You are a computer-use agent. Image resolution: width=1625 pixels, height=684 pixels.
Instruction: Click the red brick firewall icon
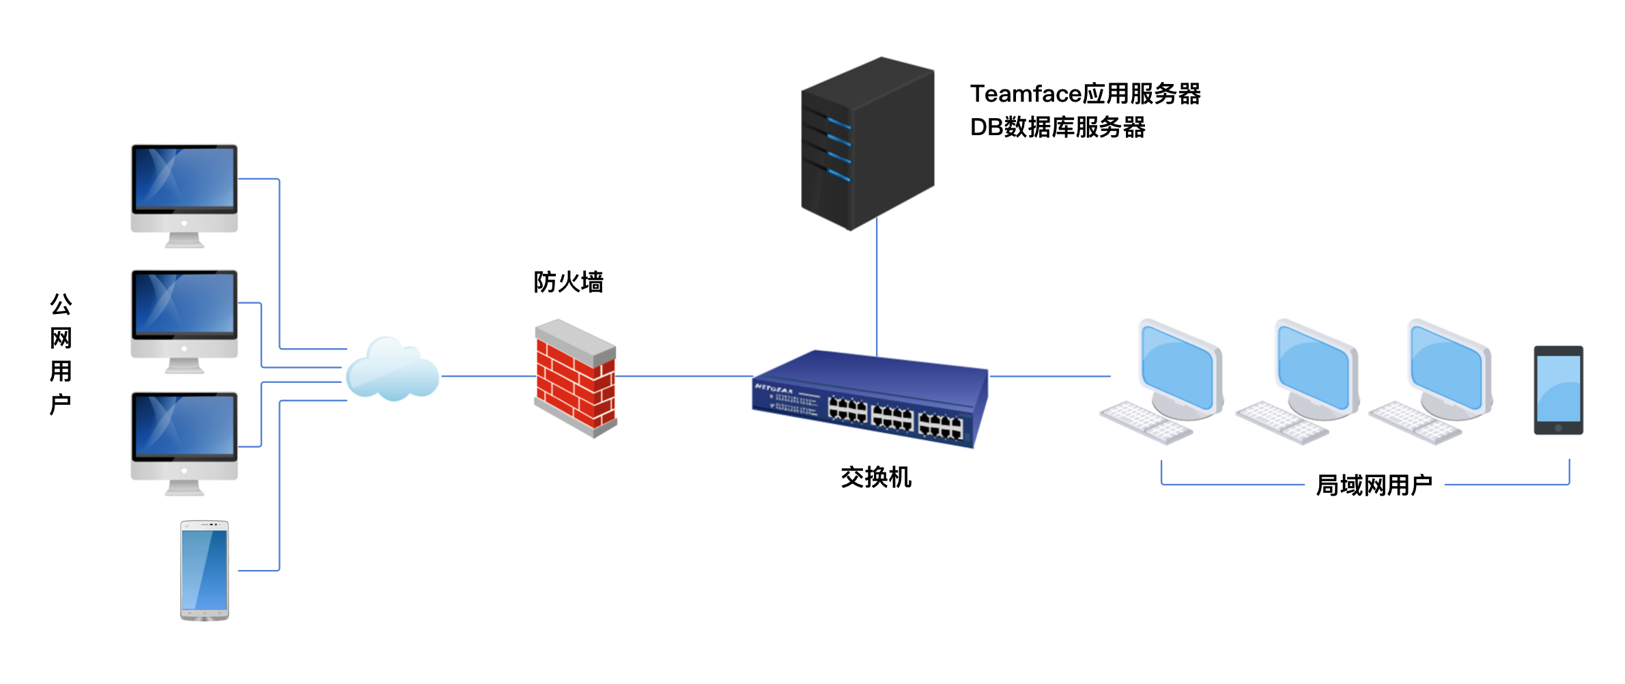pyautogui.click(x=576, y=378)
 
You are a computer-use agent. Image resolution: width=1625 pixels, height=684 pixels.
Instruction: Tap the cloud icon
pyautogui.click(x=393, y=371)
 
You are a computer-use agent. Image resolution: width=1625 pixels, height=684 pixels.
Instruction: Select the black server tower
pyautogui.click(x=867, y=143)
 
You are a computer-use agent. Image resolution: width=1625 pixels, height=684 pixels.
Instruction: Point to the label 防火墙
pyautogui.click(x=568, y=282)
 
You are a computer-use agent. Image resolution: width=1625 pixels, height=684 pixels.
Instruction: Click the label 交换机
pyautogui.click(x=876, y=477)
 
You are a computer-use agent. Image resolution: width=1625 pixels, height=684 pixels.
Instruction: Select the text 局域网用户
pyautogui.click(x=1374, y=485)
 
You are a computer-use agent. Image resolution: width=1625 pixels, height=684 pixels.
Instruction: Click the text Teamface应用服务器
pyautogui.click(x=1085, y=94)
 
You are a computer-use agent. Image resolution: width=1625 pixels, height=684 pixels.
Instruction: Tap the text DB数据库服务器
pyautogui.click(x=1058, y=128)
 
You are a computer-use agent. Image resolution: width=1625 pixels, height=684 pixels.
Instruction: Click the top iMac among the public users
pyautogui.click(x=184, y=195)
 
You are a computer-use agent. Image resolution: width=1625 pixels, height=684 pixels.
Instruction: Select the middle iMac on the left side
pyautogui.click(x=184, y=320)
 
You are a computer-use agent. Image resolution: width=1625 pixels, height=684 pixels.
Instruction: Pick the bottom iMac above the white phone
pyautogui.click(x=184, y=442)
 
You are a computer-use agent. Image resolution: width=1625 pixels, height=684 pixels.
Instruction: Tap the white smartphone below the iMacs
pyautogui.click(x=204, y=570)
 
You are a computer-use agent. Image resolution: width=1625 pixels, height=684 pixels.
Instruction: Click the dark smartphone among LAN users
pyautogui.click(x=1558, y=390)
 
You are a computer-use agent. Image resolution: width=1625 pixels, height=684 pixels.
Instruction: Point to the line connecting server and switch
pyautogui.click(x=877, y=287)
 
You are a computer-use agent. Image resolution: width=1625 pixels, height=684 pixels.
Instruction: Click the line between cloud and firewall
pyautogui.click(x=488, y=376)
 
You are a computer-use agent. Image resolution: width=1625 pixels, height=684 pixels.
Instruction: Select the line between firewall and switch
pyautogui.click(x=683, y=376)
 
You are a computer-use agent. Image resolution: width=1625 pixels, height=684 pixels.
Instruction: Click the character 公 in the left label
pyautogui.click(x=61, y=304)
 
